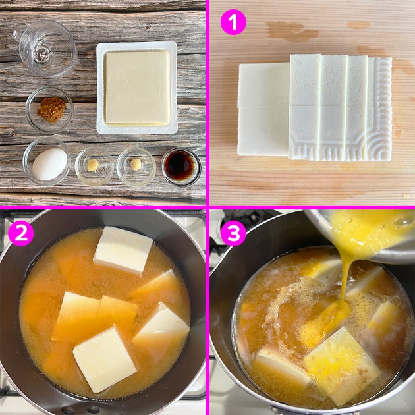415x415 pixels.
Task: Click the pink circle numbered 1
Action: (x=233, y=22)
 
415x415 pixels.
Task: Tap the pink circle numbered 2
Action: (x=21, y=233)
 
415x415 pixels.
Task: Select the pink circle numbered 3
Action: (x=233, y=233)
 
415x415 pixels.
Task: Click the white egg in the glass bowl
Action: (x=49, y=164)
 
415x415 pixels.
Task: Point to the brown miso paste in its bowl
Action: (x=51, y=109)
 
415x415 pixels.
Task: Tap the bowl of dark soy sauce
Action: (x=181, y=167)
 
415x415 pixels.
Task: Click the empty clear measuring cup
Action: (x=46, y=49)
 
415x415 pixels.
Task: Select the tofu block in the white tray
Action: (x=138, y=88)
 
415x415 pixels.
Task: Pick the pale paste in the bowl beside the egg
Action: (x=93, y=165)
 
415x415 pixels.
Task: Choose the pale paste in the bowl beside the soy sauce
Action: (x=136, y=165)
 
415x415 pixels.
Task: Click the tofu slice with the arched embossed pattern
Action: (x=379, y=109)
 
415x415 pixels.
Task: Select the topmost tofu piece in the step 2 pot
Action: (x=123, y=250)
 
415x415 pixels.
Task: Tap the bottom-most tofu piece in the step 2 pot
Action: (x=105, y=360)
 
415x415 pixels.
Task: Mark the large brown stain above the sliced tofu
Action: (x=292, y=31)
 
